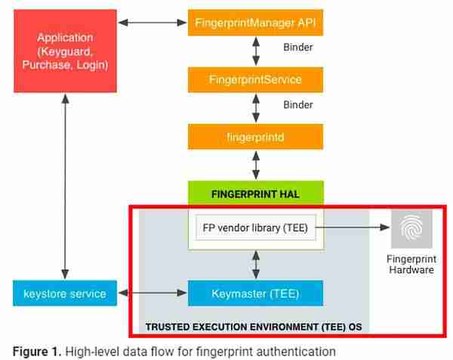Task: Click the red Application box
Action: [x=66, y=51]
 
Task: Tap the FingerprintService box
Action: [x=255, y=79]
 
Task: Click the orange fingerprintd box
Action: [x=255, y=137]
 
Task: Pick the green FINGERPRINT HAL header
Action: [x=255, y=194]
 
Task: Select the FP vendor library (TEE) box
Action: [x=255, y=227]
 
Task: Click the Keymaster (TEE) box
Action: [x=255, y=293]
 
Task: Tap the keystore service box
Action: [x=66, y=293]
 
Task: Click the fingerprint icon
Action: [x=411, y=228]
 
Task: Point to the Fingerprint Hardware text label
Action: [x=411, y=264]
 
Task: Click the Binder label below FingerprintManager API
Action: [x=297, y=47]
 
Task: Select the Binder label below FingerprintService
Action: [x=297, y=104]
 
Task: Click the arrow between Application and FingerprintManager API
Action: [x=153, y=23]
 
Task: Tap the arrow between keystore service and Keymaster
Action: [x=153, y=293]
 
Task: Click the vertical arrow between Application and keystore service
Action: [x=66, y=186]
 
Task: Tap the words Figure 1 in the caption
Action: [x=35, y=351]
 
